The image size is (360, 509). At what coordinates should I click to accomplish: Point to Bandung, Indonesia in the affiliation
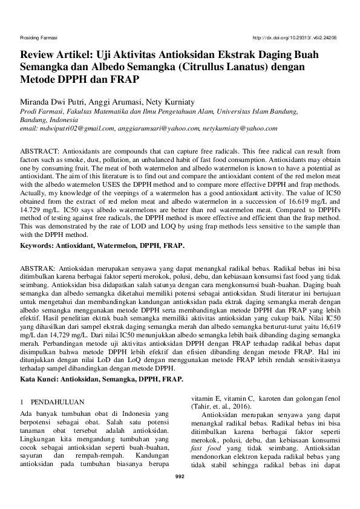(49, 120)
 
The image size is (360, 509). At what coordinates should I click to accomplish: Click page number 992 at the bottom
(180, 476)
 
